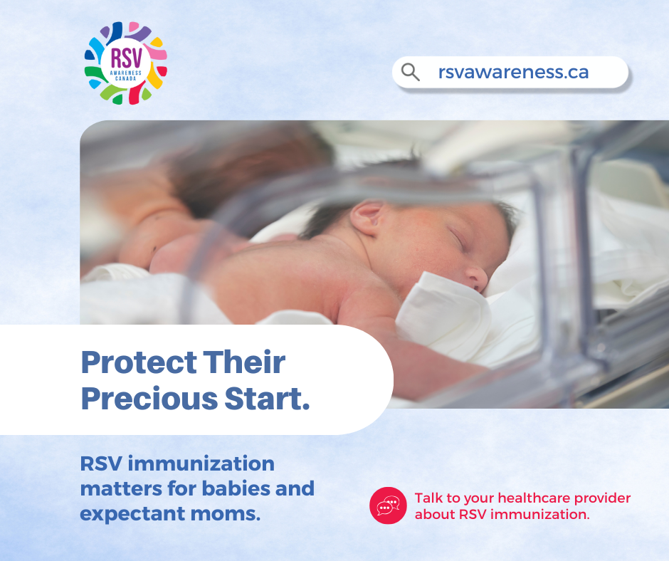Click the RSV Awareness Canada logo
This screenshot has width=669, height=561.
point(125,63)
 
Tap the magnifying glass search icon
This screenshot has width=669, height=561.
point(411,72)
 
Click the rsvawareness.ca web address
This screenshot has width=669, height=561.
point(513,72)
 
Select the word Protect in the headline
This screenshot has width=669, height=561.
point(139,362)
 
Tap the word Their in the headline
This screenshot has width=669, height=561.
point(244,362)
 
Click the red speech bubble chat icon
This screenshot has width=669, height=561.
point(388,505)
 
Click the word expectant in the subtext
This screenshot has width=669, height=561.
point(132,514)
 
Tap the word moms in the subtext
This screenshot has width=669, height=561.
point(226,514)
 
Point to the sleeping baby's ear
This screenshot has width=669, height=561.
point(367,217)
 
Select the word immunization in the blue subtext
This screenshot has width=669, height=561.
point(201,463)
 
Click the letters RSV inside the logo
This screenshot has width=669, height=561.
point(126,58)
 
